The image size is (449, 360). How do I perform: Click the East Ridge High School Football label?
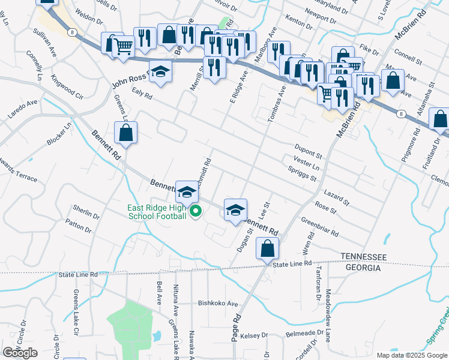tap(156, 212)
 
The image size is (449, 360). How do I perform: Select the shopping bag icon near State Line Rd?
tap(267, 248)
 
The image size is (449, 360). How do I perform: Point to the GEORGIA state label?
tap(361, 268)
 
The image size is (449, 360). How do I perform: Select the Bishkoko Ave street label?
tap(218, 304)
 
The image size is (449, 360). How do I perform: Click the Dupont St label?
tap(309, 146)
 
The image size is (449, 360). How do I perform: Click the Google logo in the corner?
tap(20, 353)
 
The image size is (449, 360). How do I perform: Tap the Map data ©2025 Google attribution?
tap(411, 355)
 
